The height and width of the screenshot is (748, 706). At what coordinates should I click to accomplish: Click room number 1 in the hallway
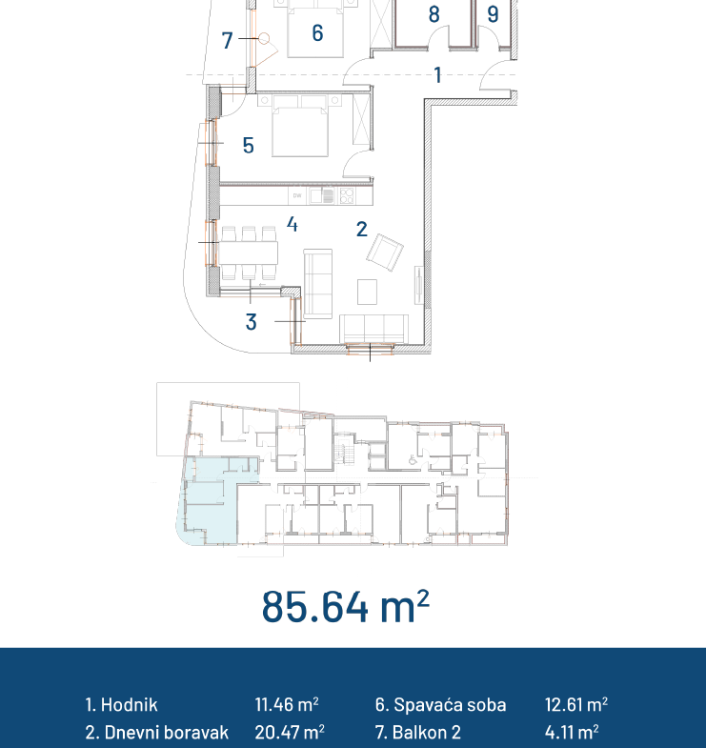pos(437,75)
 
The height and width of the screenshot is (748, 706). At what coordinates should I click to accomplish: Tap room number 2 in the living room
pos(362,230)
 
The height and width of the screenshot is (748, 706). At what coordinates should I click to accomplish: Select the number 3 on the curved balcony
pos(251,322)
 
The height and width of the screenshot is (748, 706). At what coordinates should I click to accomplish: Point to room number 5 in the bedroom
pos(248,146)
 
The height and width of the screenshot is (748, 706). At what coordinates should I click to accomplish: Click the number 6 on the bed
pos(317,33)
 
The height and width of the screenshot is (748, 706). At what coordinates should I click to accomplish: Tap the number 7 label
pos(227,41)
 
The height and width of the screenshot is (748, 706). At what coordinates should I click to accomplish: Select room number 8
pos(434,14)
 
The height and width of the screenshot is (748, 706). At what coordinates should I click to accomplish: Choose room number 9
pos(493,14)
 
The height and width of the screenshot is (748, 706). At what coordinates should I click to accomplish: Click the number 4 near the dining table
pos(292,224)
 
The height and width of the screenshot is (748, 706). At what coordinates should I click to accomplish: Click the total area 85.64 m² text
pos(345,606)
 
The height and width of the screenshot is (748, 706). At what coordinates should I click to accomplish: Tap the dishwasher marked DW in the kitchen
pos(297,195)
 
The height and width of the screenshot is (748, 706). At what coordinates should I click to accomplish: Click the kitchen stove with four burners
pos(347,195)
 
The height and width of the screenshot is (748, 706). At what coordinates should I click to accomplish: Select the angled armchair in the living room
pos(385,253)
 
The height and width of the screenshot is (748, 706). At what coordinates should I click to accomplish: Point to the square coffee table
pos(368,292)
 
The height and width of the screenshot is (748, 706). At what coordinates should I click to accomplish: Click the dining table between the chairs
pos(249,253)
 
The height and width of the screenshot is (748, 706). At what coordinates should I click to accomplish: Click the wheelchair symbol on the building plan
pos(413,460)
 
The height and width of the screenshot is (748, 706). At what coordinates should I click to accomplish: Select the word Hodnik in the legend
pos(130,704)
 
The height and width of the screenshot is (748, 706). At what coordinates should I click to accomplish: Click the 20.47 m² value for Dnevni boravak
pos(290,732)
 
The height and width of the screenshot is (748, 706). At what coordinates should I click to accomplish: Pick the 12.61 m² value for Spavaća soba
pos(576,704)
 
